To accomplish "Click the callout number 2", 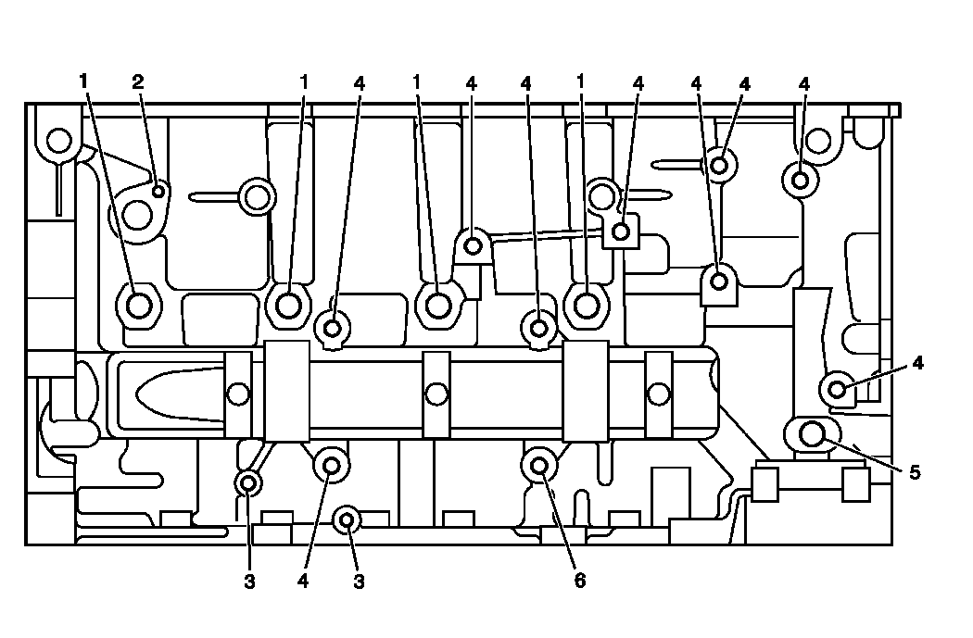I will click(138, 81).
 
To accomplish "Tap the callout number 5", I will click(915, 472).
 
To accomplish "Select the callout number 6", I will click(580, 581).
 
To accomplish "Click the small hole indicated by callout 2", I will click(159, 192).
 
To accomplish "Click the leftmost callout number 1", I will click(83, 81).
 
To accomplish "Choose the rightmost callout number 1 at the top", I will click(581, 81).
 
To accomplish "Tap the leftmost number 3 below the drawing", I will click(249, 582).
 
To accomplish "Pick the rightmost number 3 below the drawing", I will click(359, 582).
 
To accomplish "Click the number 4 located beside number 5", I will click(917, 363).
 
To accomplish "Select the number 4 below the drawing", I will click(303, 582).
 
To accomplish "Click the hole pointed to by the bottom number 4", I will click(332, 466).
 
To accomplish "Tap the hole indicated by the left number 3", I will click(248, 482).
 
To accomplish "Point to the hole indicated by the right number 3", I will click(347, 520).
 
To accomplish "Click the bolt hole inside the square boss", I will click(622, 229).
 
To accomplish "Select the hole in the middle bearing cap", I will click(436, 394).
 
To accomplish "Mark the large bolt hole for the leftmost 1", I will click(139, 304).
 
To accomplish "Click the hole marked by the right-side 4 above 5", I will click(838, 389).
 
